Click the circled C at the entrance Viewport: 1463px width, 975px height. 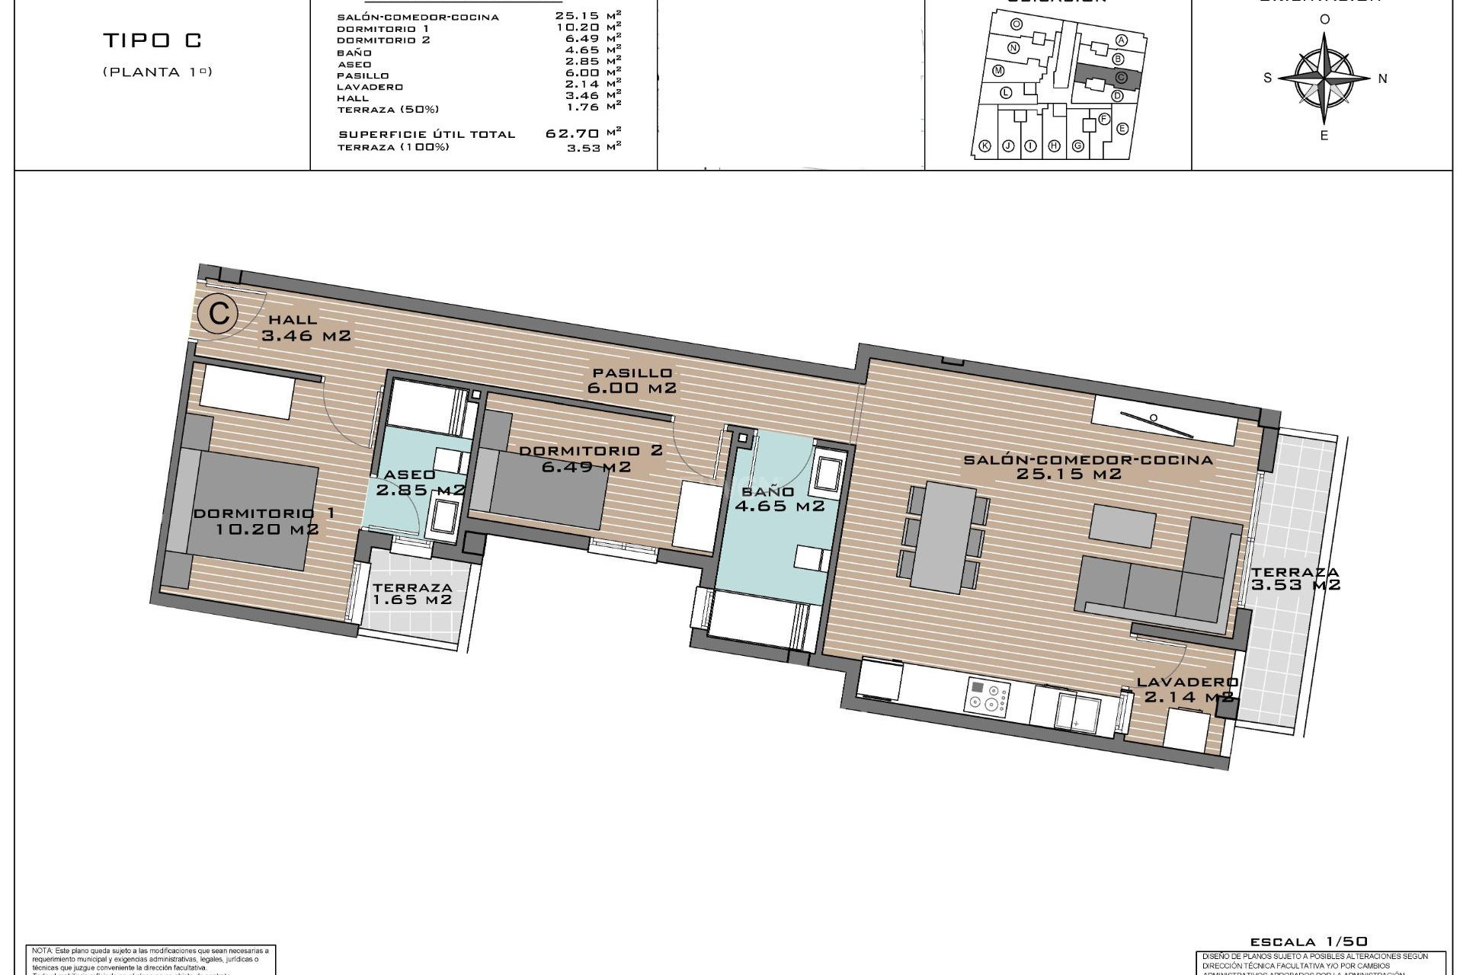[x=219, y=313]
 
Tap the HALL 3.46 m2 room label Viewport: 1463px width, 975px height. [x=305, y=328]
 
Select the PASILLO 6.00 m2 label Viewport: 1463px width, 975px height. [x=632, y=380]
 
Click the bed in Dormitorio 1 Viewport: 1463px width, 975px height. [x=251, y=509]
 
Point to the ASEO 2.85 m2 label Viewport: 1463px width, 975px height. [x=419, y=482]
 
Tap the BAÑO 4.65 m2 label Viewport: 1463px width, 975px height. [x=779, y=499]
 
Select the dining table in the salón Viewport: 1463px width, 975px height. [x=943, y=537]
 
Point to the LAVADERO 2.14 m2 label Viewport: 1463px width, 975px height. [x=1187, y=689]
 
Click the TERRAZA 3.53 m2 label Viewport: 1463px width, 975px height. [x=1295, y=578]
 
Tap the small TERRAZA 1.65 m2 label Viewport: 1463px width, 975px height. [x=412, y=593]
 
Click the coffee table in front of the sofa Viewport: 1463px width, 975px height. [x=1122, y=526]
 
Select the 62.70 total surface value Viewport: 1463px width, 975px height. [x=571, y=133]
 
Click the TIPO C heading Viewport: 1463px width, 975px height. [x=152, y=41]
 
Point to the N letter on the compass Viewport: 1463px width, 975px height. [x=1382, y=78]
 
